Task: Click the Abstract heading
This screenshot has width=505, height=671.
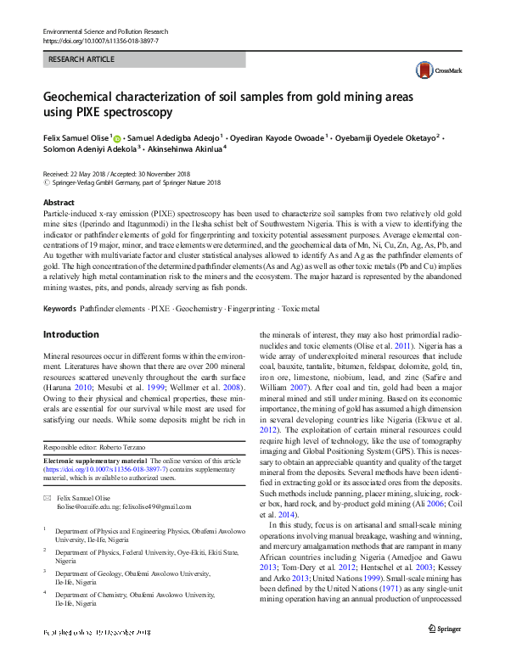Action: click(59, 204)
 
